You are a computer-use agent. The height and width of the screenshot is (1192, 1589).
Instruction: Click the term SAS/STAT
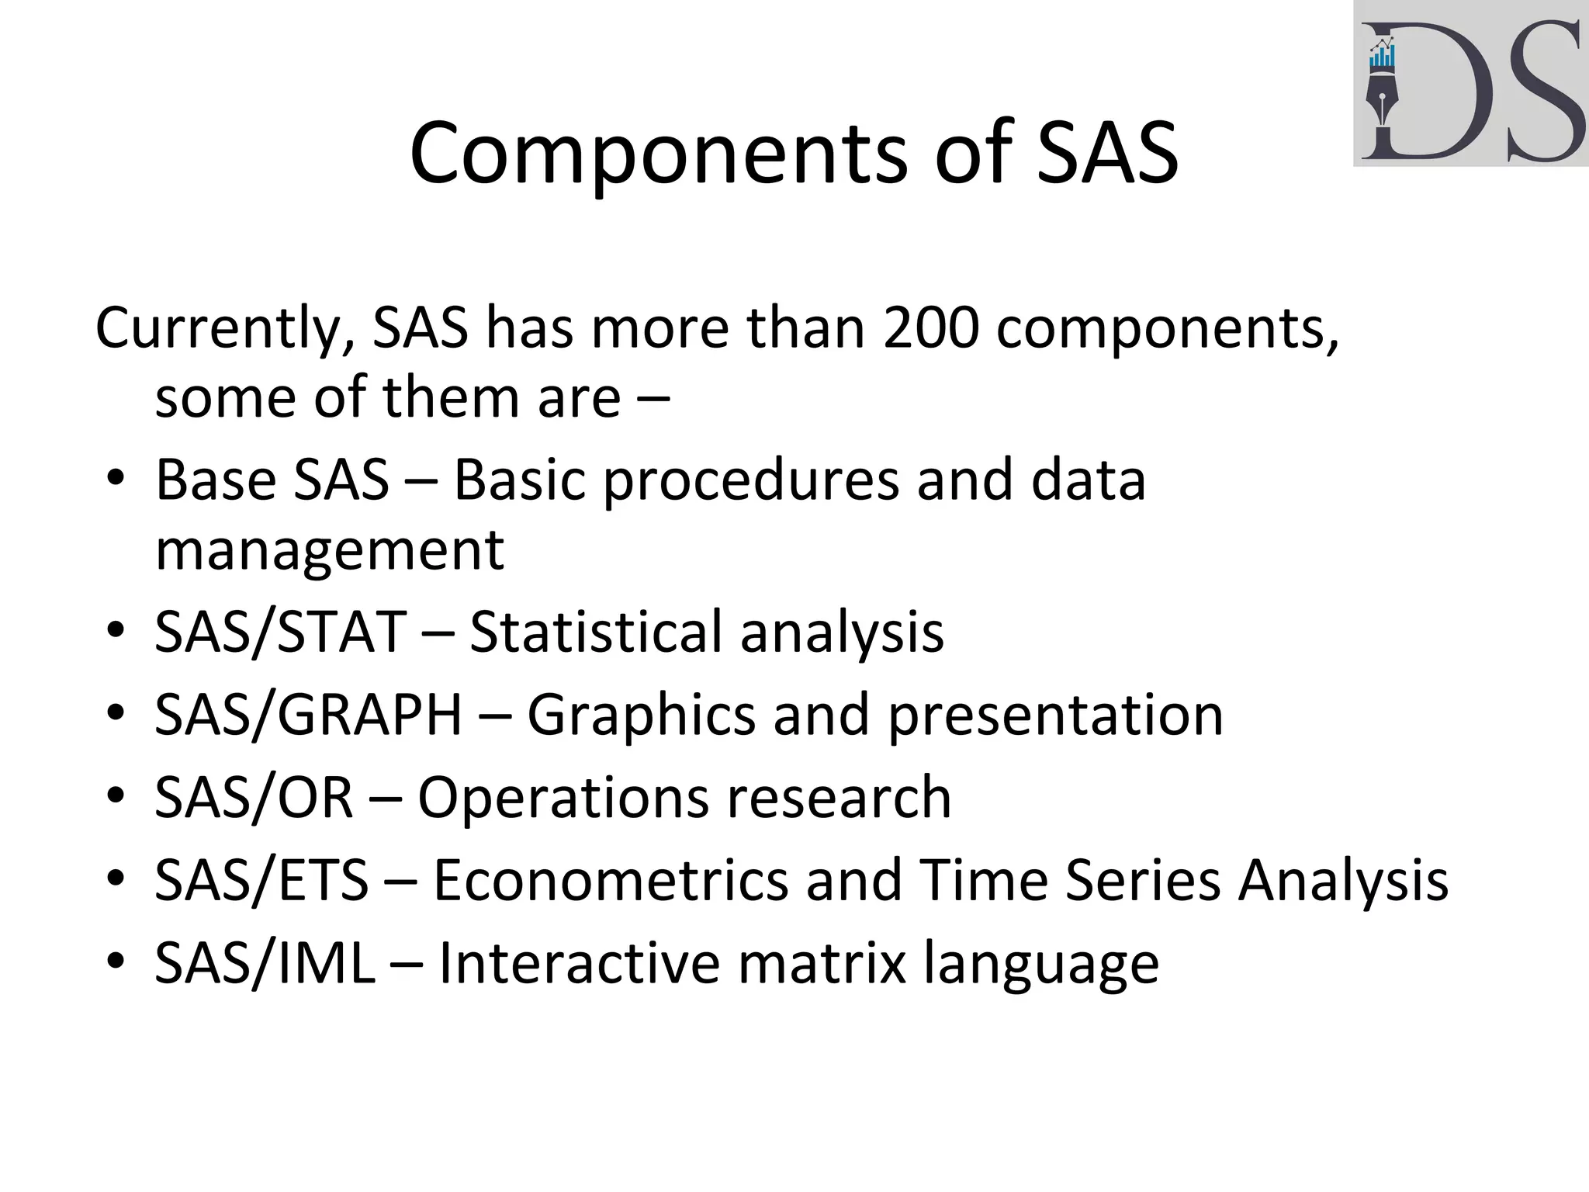[x=280, y=632]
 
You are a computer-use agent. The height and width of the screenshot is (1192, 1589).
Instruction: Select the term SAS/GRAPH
[x=308, y=715]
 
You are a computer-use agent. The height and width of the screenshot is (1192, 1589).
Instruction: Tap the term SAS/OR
[x=254, y=797]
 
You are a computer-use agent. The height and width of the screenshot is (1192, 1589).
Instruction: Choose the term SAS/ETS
[x=261, y=880]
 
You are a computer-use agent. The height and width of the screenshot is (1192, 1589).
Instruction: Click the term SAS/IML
[x=265, y=963]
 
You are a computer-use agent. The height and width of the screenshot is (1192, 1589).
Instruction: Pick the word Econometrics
[x=610, y=880]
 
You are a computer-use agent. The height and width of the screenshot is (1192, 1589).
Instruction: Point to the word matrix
[x=822, y=963]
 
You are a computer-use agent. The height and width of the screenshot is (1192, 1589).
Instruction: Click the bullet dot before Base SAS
[x=116, y=479]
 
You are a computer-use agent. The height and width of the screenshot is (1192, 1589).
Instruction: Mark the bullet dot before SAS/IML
[x=116, y=962]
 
